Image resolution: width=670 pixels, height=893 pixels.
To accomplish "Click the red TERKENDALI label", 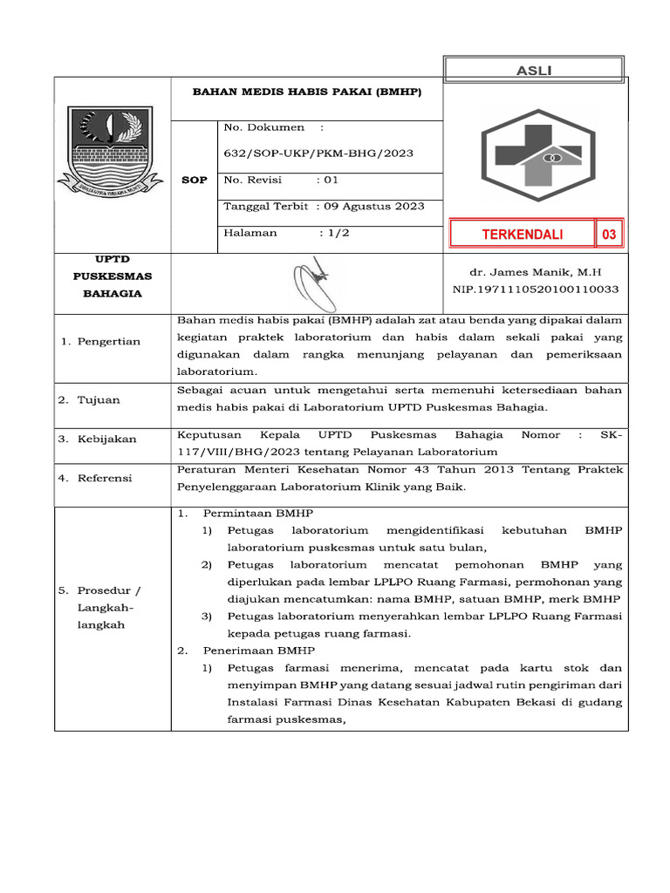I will [523, 234].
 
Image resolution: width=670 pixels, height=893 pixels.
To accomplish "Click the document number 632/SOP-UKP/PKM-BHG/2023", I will [318, 153].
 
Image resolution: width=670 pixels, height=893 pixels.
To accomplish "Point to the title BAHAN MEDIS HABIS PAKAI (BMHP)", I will [306, 92].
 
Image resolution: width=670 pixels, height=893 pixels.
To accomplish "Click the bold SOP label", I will [194, 180].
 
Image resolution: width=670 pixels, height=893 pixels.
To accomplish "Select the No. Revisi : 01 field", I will [280, 181].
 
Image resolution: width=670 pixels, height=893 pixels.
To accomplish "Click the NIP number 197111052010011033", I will [535, 289].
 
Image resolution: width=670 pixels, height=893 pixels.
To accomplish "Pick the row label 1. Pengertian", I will [100, 341].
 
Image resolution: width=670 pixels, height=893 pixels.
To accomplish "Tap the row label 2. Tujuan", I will [89, 399].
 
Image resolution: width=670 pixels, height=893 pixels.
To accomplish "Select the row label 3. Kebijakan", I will [98, 439].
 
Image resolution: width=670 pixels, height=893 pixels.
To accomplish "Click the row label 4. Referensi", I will [95, 478].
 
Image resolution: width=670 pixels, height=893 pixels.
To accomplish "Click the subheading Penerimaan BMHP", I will [259, 651].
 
